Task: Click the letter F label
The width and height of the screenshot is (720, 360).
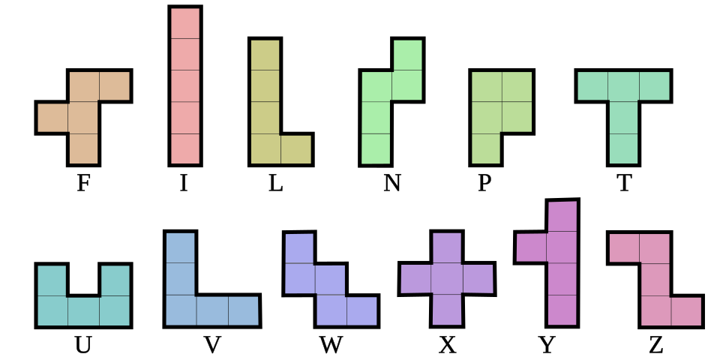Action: click(83, 183)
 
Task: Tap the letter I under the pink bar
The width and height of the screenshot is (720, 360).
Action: click(184, 183)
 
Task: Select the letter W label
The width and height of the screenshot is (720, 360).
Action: click(331, 345)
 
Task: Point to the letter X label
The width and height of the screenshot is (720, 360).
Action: click(447, 345)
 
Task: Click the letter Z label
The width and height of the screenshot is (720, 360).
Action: click(655, 345)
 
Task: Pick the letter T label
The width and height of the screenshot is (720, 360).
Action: click(624, 183)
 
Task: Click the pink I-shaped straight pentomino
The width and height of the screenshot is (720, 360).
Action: click(184, 85)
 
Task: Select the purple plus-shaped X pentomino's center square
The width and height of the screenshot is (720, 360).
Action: click(446, 279)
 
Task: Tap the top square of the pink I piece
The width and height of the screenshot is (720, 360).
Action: click(184, 22)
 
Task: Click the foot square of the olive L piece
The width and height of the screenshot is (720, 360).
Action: click(296, 148)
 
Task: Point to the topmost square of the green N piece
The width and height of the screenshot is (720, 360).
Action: click(407, 54)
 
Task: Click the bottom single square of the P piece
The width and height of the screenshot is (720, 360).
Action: click(485, 148)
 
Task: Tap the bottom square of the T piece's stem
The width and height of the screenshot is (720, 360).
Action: click(624, 148)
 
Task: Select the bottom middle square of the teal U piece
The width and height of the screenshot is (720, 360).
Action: click(83, 311)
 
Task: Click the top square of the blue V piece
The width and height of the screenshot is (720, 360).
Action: click(180, 247)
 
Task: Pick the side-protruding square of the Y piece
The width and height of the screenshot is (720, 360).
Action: click(530, 248)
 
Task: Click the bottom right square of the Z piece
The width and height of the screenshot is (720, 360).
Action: click(687, 311)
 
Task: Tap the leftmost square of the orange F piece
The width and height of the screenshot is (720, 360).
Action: click(52, 118)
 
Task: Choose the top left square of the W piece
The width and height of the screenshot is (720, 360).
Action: click(298, 247)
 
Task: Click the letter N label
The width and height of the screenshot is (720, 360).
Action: click(391, 183)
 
